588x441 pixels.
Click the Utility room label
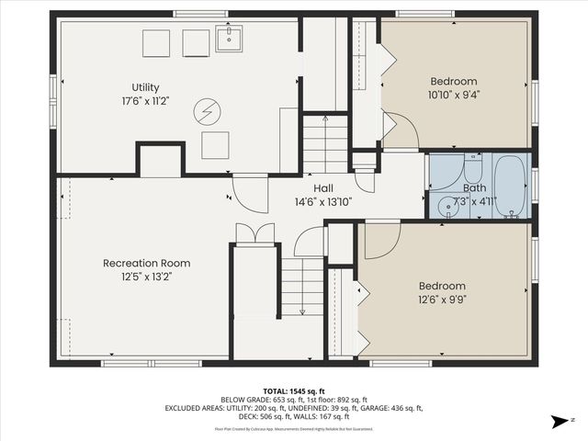coord(145,87)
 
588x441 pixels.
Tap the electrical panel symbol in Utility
coord(207,112)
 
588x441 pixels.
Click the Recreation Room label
coord(147,263)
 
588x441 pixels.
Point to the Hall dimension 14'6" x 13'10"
coord(323,202)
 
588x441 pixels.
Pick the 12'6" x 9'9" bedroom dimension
coord(444,299)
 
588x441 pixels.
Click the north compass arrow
coord(557,422)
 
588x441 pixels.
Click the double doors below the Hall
coord(254,233)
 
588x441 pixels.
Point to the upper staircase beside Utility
coord(326,143)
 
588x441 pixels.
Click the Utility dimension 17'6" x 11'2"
coord(145,101)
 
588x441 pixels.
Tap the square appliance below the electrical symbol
coord(215,145)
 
